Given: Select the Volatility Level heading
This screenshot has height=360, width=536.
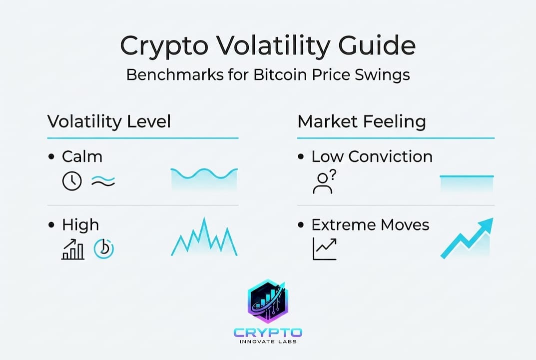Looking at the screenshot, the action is tap(109, 122).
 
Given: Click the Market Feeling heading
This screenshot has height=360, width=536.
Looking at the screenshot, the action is tap(362, 122).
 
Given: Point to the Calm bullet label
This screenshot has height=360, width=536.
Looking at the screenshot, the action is tap(82, 156).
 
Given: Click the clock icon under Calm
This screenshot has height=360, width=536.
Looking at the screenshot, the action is tap(72, 180).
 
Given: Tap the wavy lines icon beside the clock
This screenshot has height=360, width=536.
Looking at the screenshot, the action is tap(103, 181).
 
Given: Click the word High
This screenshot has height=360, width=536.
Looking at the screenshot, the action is tap(80, 225).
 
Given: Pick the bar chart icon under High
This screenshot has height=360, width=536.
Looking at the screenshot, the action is tap(73, 249).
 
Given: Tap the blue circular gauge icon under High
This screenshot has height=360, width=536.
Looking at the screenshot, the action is tap(103, 249).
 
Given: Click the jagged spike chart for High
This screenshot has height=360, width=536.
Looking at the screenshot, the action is tap(204, 237).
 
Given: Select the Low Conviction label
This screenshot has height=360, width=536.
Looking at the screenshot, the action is tap(372, 156).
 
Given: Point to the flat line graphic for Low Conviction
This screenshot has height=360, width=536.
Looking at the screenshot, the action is tap(467, 176).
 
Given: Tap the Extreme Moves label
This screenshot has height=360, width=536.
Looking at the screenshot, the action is tap(370, 225).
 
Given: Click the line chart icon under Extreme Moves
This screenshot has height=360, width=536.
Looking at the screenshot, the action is tap(324, 249).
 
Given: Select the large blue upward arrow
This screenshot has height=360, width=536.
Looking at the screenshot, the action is tap(467, 238).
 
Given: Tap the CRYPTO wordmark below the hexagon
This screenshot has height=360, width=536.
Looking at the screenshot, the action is tap(268, 332).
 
